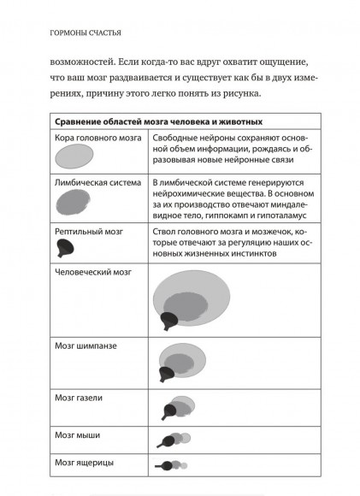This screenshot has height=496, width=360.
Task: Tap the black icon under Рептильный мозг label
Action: click(62, 248)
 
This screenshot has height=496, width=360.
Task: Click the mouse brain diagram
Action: click(169, 440)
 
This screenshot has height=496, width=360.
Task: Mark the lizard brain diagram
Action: click(168, 466)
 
